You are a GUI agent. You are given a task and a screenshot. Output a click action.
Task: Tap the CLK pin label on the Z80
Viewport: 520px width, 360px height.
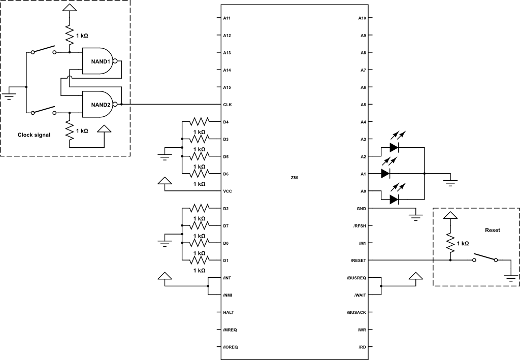click(x=227, y=105)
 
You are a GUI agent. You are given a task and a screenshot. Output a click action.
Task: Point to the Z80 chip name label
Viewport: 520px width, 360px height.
click(x=295, y=178)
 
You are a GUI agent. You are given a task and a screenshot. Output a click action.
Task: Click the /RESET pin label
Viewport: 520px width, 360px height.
click(x=358, y=261)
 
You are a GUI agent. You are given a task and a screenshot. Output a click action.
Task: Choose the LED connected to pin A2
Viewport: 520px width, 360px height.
click(x=394, y=147)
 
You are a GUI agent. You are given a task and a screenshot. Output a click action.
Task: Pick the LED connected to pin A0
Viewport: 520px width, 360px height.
click(x=394, y=199)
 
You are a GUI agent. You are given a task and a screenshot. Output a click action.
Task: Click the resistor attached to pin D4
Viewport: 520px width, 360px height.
click(x=199, y=122)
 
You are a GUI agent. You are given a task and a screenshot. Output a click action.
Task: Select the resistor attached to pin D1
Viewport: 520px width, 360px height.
click(x=199, y=260)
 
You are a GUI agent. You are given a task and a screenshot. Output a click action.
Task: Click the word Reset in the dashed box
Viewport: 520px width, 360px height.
click(x=492, y=230)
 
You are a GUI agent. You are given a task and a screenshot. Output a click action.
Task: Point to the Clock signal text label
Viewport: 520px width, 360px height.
click(x=34, y=135)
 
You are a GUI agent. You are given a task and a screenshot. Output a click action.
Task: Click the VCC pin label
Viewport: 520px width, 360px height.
click(x=227, y=191)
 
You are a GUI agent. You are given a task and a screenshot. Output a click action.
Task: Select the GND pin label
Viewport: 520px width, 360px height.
click(x=361, y=209)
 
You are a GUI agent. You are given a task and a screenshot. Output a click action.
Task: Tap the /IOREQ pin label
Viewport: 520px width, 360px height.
click(x=230, y=347)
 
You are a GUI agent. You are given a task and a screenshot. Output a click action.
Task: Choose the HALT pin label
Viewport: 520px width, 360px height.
click(x=228, y=312)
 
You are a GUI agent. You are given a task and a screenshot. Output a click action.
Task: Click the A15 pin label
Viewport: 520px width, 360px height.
click(x=227, y=87)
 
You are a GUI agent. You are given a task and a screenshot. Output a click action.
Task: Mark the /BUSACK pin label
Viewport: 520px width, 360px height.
click(x=356, y=312)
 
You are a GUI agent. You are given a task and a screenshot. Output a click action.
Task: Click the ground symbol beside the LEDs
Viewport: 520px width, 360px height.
click(x=450, y=180)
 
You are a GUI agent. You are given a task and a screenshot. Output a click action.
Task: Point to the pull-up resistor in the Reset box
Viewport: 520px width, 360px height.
click(x=450, y=243)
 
